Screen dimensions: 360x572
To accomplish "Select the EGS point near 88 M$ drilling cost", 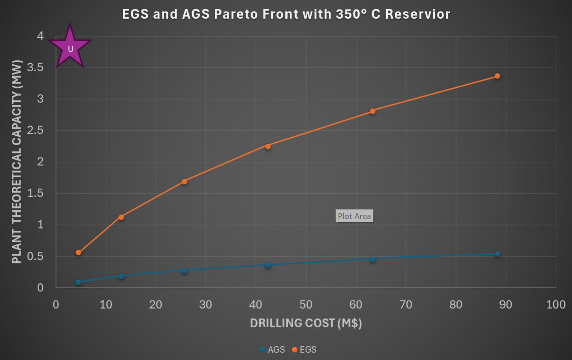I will point(497,76).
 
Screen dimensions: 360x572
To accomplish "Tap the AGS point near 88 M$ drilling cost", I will point(497,254).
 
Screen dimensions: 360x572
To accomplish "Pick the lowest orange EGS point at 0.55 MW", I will point(79,253).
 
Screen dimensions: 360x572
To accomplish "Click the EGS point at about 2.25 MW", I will point(268,146).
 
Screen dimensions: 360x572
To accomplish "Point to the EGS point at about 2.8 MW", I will point(373,111).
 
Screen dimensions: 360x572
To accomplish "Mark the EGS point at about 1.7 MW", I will point(185,182).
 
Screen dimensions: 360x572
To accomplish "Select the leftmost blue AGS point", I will point(79,282).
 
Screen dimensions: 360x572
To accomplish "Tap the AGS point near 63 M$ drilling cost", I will point(373,260).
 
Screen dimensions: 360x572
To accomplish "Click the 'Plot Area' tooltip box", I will point(354,216).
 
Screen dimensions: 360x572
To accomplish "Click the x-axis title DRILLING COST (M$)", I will point(306,323).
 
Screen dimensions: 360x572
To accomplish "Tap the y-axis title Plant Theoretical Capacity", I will point(17,162).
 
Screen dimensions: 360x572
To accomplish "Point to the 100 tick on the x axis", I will point(556,305).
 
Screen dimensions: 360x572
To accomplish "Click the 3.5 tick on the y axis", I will point(35,68).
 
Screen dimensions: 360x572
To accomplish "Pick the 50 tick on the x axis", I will point(306,305).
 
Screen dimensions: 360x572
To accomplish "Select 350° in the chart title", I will point(351,14).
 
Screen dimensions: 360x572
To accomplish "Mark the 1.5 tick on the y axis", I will point(35,193).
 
